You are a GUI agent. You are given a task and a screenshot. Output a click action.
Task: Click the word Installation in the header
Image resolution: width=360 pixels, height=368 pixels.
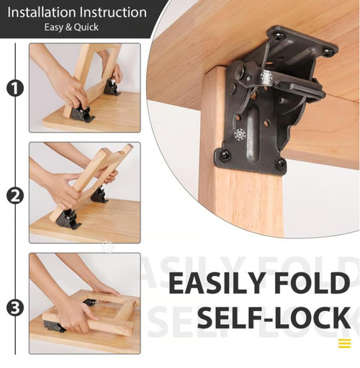(x=41, y=12)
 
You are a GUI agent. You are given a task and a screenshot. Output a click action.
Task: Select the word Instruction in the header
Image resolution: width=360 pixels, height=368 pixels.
(x=111, y=12)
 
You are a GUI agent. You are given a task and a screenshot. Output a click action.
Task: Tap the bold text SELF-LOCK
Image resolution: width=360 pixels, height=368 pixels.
(x=274, y=318)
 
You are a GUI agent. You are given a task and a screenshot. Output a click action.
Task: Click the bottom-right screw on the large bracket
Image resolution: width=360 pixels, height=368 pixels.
(x=280, y=164)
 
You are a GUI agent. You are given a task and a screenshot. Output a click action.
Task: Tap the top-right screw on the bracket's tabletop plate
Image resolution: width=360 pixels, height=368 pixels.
(x=328, y=52)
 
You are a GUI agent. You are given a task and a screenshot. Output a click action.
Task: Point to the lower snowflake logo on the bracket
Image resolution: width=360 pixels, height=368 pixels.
(x=239, y=135)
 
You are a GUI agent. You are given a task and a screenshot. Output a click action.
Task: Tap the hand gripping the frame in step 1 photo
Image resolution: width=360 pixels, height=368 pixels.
(x=68, y=90)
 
